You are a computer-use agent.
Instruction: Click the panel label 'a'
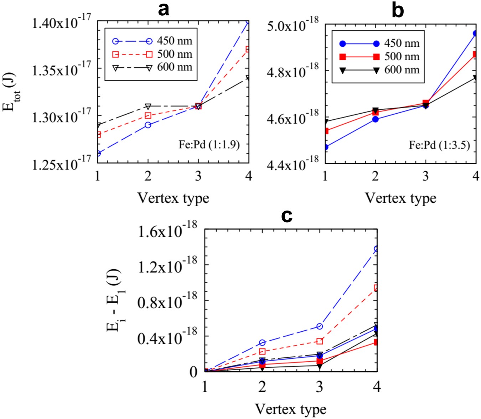click(163, 10)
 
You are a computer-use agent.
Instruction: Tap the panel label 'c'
click(287, 215)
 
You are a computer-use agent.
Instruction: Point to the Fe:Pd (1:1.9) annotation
click(209, 144)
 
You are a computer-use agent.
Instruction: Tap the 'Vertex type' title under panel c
click(291, 408)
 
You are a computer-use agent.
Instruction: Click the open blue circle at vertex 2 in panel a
click(148, 125)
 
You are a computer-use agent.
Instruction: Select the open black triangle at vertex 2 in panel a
click(148, 106)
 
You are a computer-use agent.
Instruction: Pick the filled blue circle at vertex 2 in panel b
click(375, 119)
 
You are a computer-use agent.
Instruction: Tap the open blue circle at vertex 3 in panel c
click(320, 326)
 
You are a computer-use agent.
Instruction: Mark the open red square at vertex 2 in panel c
click(262, 352)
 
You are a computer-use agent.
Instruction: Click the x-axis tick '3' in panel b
click(425, 176)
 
